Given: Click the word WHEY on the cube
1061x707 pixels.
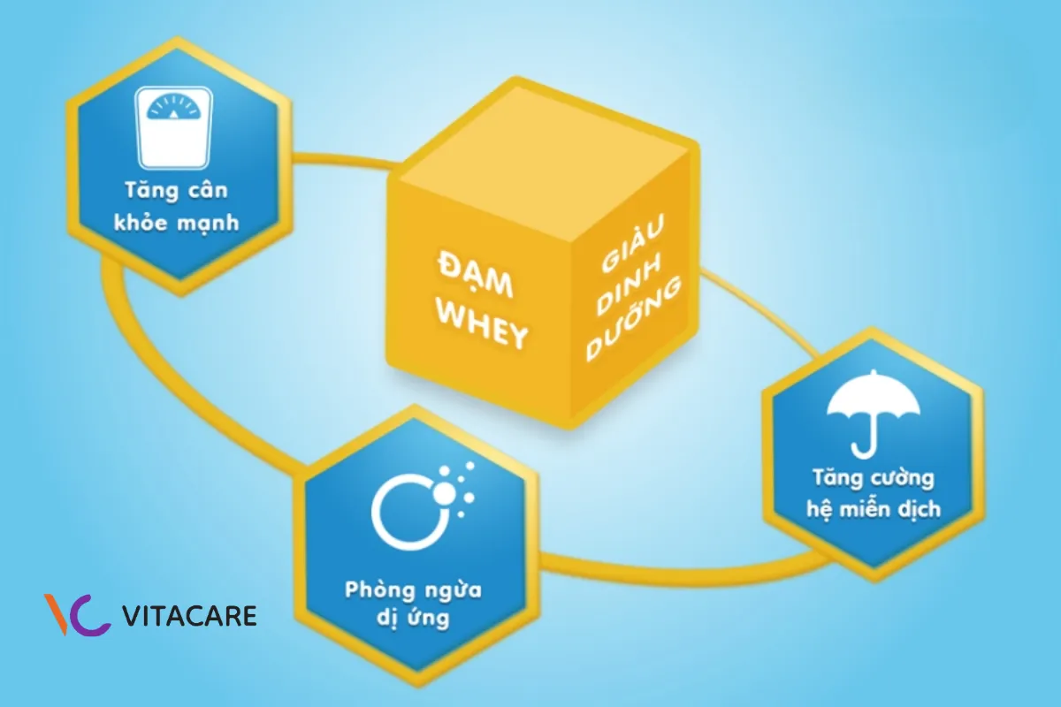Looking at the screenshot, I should pos(484,331).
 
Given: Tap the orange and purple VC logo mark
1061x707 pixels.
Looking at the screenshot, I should pos(78,614).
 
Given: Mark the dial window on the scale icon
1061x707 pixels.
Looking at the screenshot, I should pos(173,110).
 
